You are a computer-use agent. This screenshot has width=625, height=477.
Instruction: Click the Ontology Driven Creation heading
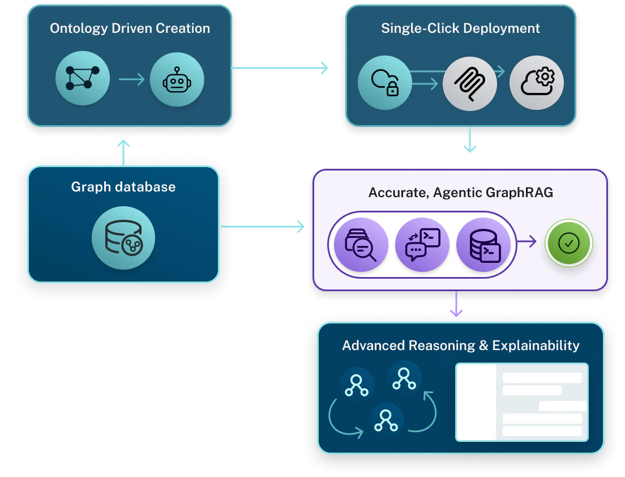coord(130,28)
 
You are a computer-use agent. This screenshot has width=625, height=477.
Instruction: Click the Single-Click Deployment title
coord(460,28)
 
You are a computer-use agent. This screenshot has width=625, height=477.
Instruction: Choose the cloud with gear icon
coord(536,83)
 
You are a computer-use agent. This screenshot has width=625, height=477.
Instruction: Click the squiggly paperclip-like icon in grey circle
coord(470,83)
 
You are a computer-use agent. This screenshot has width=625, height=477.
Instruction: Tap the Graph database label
coord(123,187)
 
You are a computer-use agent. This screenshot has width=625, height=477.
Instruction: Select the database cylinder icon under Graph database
coord(123,237)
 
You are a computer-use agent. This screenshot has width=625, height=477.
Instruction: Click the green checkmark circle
coord(568,244)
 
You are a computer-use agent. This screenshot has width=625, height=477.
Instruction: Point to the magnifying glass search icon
coord(361,244)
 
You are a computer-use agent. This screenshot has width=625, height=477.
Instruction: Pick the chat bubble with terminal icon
coord(422,244)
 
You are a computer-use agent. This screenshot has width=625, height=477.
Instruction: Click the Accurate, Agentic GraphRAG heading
coord(460,193)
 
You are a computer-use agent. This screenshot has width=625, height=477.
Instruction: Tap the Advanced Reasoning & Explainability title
coord(460,346)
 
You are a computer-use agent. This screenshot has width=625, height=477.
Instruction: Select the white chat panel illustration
coord(521,402)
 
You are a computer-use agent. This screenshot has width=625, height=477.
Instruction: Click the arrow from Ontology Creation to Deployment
coord(281,69)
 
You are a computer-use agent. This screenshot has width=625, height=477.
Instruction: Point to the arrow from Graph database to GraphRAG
coord(263,227)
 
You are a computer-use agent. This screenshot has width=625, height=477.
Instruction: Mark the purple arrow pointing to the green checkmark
coord(527,242)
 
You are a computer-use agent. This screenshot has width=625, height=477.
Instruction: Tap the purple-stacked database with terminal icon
coord(483,244)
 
